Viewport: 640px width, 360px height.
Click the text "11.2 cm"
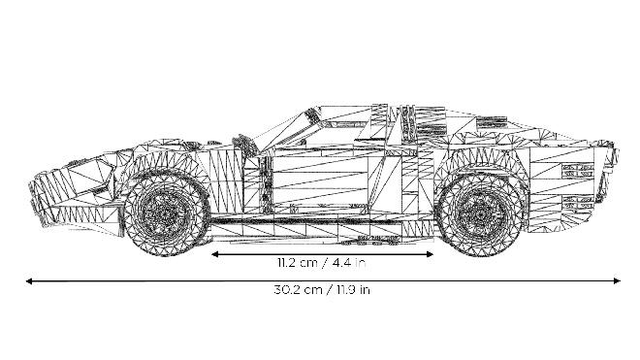297,262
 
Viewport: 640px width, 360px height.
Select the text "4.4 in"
348,262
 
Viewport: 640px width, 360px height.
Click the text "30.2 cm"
298,290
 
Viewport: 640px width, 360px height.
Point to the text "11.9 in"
354,290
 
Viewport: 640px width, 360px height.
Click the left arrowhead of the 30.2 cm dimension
28,281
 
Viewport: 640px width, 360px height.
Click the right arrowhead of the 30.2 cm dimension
617,280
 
